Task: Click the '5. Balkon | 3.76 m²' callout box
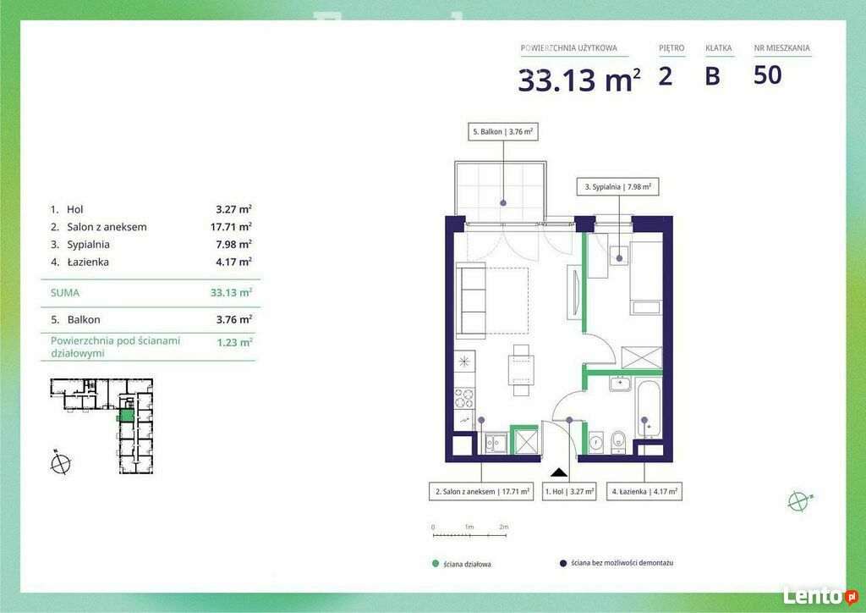[x=503, y=131]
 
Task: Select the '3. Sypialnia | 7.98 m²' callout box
[x=617, y=187]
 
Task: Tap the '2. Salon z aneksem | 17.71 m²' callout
[x=481, y=491]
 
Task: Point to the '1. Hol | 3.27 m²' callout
[x=569, y=491]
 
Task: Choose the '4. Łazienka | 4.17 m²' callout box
[x=644, y=491]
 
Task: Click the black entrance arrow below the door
[x=559, y=472]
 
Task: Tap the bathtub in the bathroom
[x=649, y=408]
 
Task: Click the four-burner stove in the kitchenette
[x=464, y=398]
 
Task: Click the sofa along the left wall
[x=470, y=300]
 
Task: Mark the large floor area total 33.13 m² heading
[x=579, y=80]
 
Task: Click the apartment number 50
[x=768, y=75]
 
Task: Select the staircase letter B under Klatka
[x=712, y=75]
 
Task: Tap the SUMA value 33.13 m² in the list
[x=231, y=292]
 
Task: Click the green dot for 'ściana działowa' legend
[x=436, y=564]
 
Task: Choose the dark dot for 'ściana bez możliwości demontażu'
[x=562, y=563]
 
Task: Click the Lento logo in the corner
[x=819, y=596]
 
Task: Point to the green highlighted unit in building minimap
[x=127, y=416]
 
